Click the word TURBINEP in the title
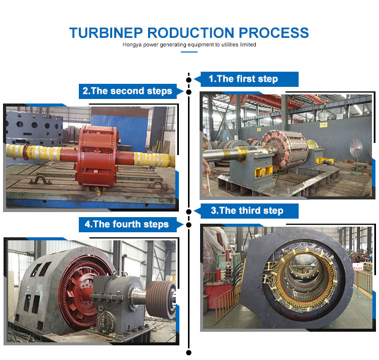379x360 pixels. [x=106, y=33]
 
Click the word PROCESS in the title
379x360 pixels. [x=273, y=33]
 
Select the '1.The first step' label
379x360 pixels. [x=244, y=79]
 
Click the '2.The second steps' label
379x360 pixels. [x=127, y=91]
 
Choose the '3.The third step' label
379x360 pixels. [x=247, y=211]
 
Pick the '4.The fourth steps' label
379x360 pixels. [x=127, y=224]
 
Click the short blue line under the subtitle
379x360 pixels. [x=189, y=52]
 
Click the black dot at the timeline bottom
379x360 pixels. [x=189, y=353]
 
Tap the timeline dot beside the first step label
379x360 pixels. [x=189, y=80]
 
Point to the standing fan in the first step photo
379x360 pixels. [x=356, y=157]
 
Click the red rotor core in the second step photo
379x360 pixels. [x=97, y=156]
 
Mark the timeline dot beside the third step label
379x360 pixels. [x=189, y=212]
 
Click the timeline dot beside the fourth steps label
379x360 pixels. [x=189, y=225]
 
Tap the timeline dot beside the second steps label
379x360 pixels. [x=189, y=92]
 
